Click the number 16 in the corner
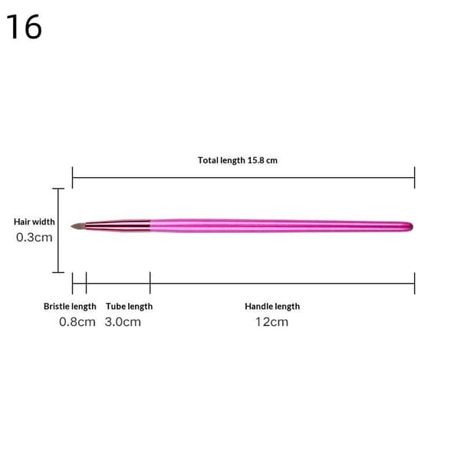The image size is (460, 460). pyautogui.click(x=24, y=27)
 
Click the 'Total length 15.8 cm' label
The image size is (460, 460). pyautogui.click(x=238, y=160)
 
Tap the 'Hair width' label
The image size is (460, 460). pyautogui.click(x=34, y=222)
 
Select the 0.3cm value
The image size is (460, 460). pyautogui.click(x=34, y=238)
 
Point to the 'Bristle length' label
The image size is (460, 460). pyautogui.click(x=70, y=307)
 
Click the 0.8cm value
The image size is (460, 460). pyautogui.click(x=77, y=322)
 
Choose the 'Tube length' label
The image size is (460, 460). pyautogui.click(x=129, y=307)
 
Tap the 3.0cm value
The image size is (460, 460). pyautogui.click(x=123, y=322)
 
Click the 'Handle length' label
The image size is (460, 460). pyautogui.click(x=272, y=307)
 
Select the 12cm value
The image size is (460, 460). pyautogui.click(x=272, y=322)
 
